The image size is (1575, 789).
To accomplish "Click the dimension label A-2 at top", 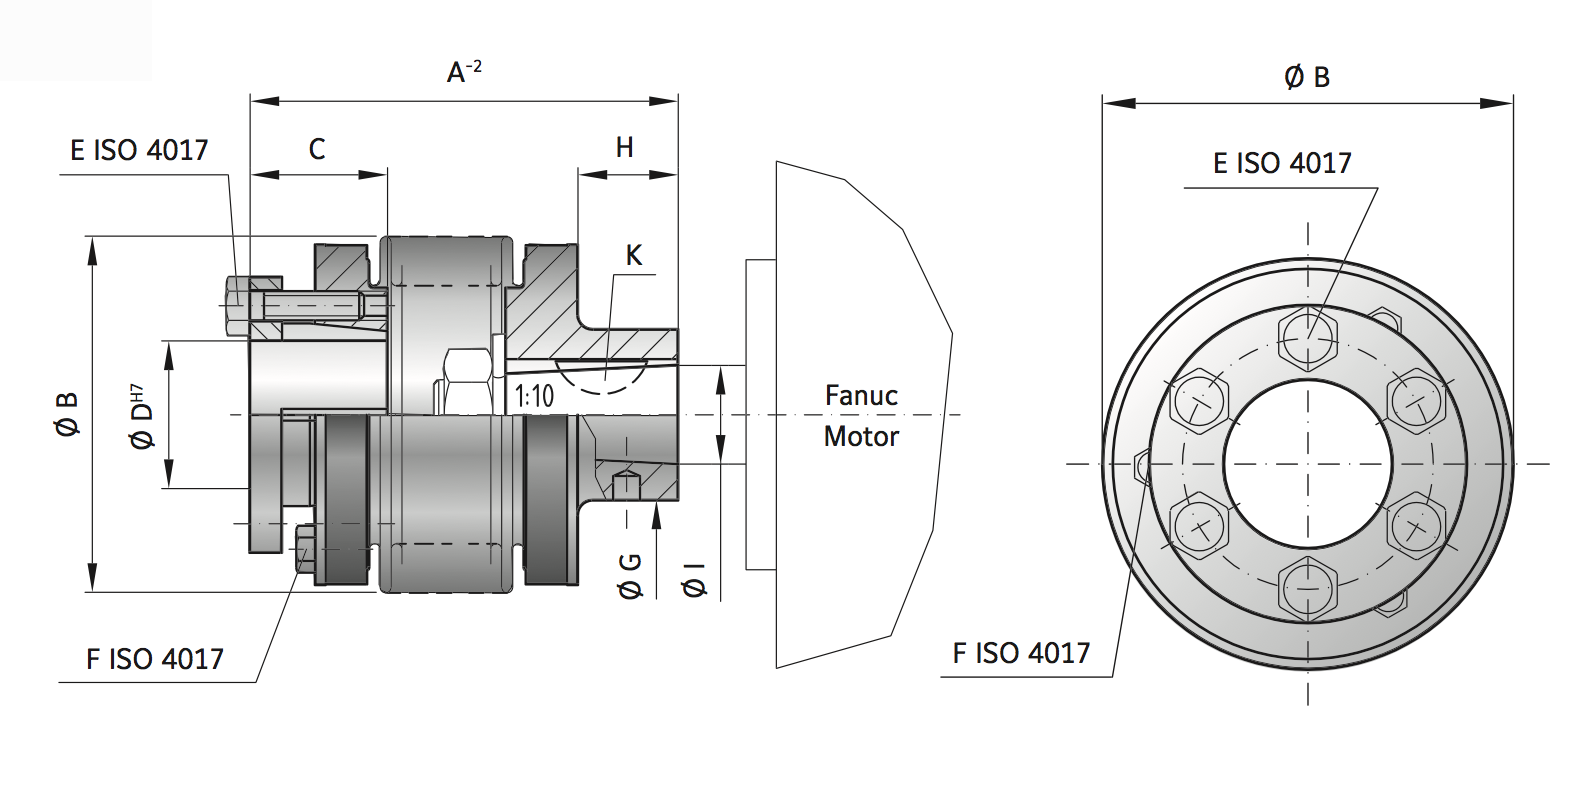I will tap(464, 72).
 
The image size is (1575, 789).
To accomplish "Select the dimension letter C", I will tap(317, 149).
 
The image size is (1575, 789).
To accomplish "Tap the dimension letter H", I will tap(624, 148).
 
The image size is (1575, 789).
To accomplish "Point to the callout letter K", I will tap(633, 255).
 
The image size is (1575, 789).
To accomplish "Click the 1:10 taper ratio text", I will tap(534, 396).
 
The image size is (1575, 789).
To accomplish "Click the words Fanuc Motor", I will tap(861, 416).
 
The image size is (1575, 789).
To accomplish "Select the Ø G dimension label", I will tap(631, 576).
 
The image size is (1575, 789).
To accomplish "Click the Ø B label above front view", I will tap(1306, 77).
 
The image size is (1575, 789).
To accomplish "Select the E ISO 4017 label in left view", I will tap(139, 150).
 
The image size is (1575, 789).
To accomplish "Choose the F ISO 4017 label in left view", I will tap(154, 659).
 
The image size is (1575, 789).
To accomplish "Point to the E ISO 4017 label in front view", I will tap(1281, 163).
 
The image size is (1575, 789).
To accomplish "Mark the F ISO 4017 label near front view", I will tap(1020, 653).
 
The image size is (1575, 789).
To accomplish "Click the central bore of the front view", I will tap(1308, 463).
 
